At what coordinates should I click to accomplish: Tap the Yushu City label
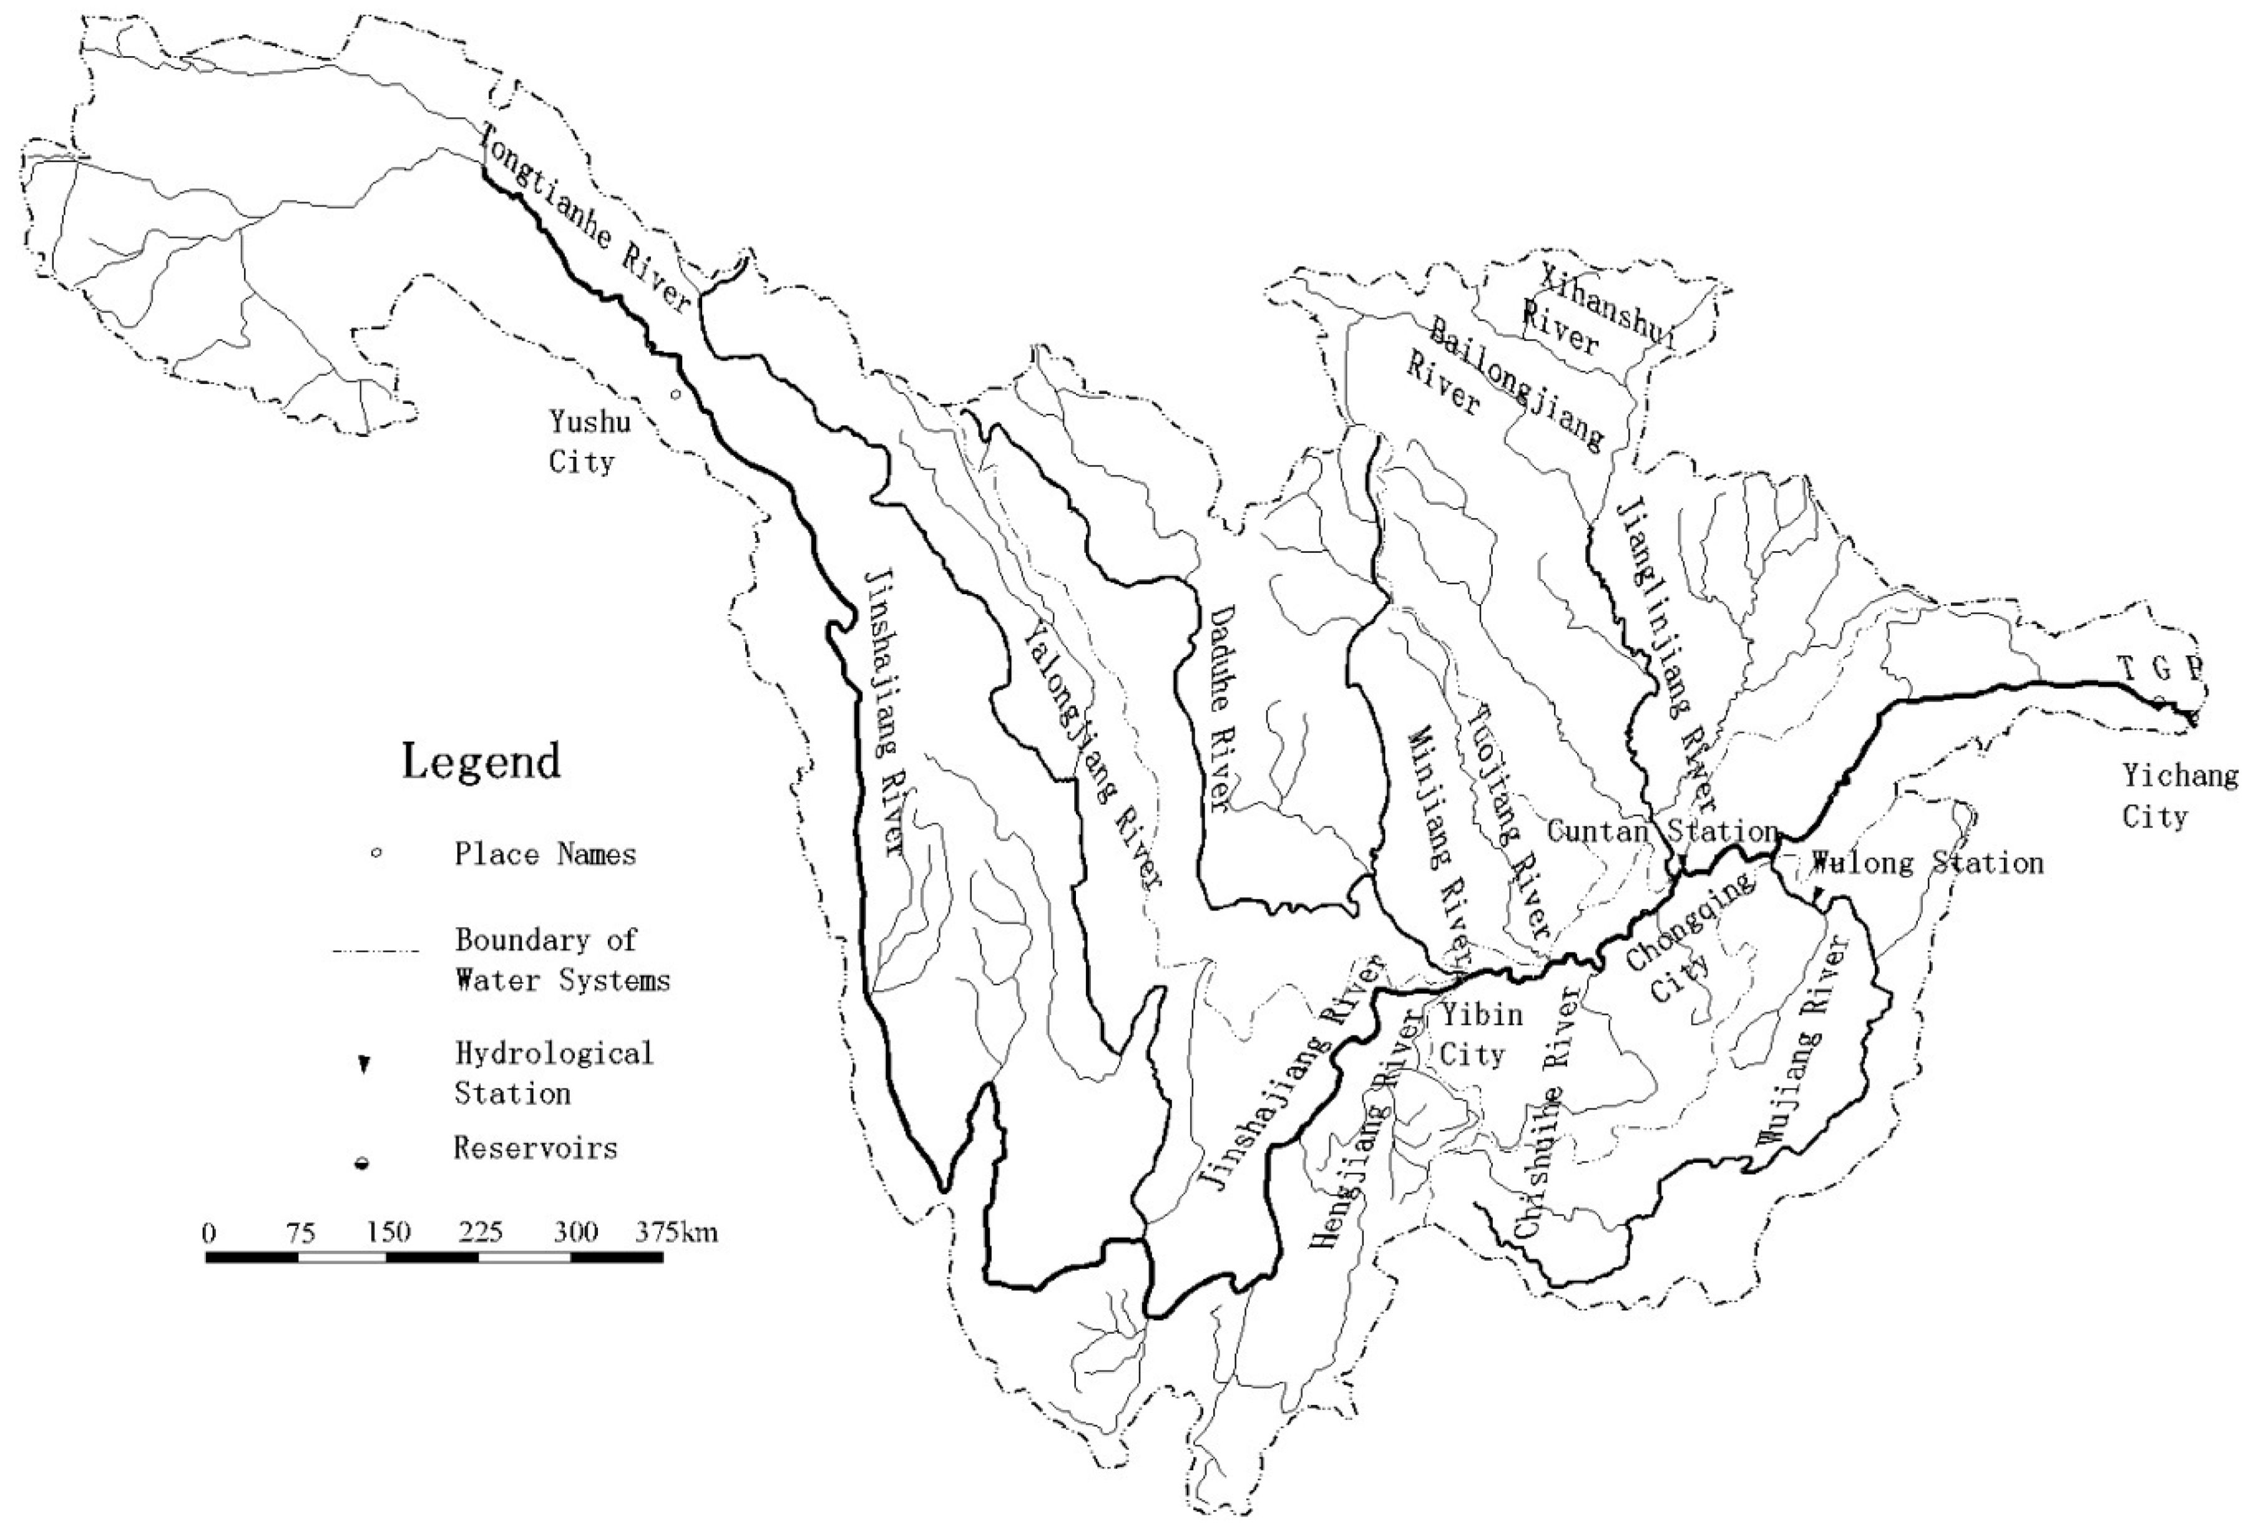(589, 441)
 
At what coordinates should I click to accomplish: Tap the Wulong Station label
(1927, 863)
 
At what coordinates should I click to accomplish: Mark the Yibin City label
(1470, 1035)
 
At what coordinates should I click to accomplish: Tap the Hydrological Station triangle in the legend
(364, 1065)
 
